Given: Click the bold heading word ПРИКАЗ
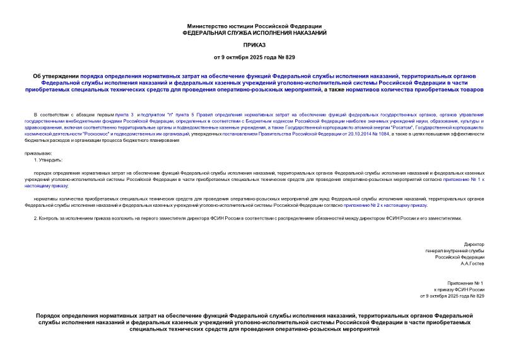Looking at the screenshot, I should [254, 45].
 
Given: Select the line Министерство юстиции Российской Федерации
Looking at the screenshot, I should [254, 26].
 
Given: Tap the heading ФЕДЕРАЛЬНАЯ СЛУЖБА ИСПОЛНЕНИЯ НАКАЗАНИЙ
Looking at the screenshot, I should [254, 32].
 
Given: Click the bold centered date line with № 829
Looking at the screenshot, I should [254, 58].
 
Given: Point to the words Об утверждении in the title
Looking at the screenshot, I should [56, 76].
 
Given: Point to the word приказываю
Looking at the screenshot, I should [38, 153].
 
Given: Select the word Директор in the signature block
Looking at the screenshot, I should [474, 244].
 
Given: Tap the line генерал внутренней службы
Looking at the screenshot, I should [455, 251].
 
